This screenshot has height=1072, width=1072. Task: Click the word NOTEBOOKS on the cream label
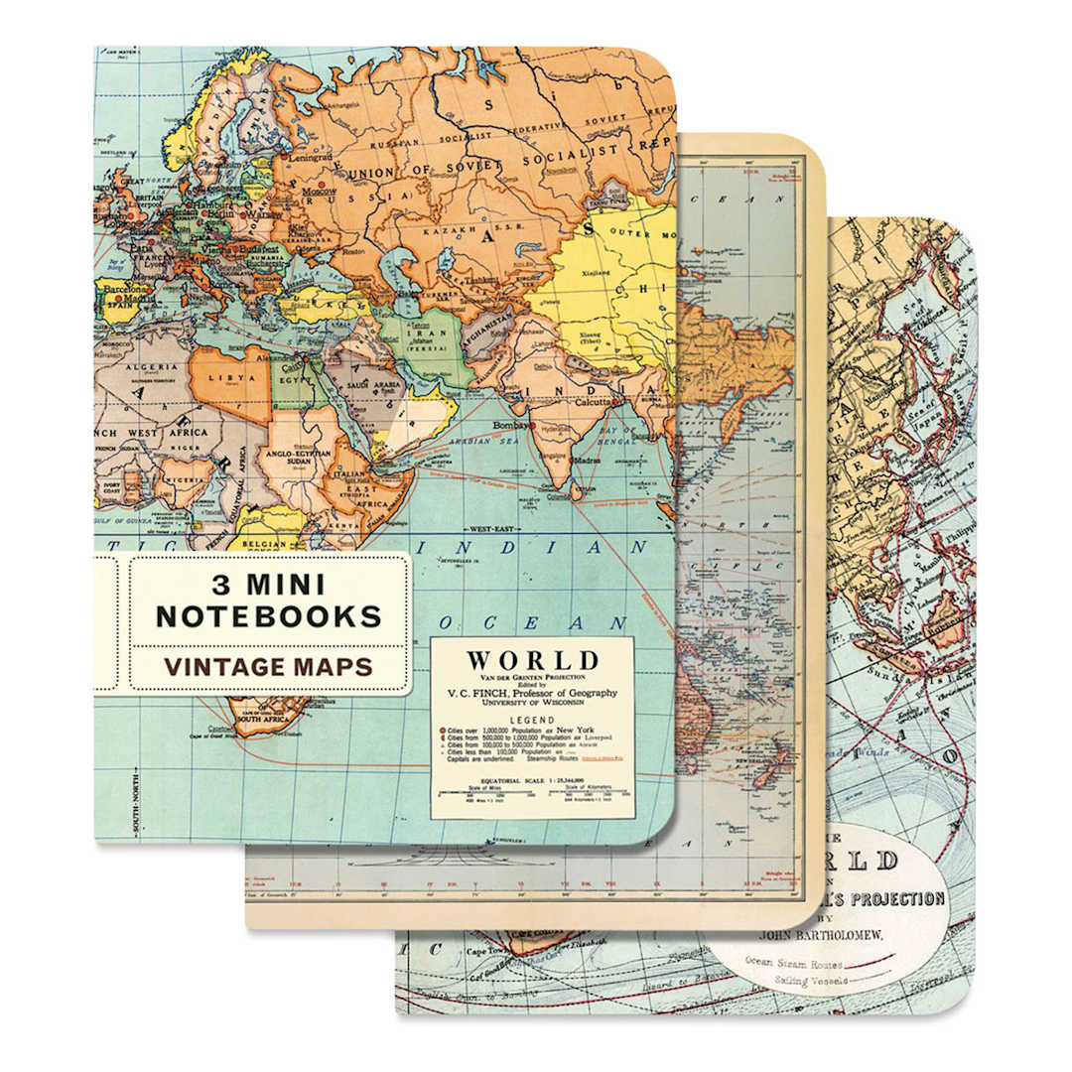click(x=268, y=615)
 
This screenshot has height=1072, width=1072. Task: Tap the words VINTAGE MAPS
click(x=268, y=666)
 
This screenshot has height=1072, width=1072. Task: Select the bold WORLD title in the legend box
click(x=532, y=660)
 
